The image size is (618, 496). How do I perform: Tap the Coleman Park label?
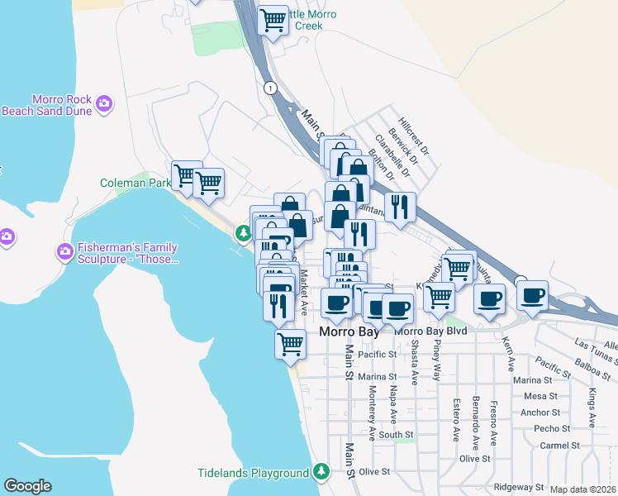point(135,183)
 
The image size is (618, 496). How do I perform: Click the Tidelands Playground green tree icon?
point(321,473)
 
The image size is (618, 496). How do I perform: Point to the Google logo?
point(27,486)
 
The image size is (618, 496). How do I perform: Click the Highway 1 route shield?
point(269,87)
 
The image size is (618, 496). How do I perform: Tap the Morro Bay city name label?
point(349,331)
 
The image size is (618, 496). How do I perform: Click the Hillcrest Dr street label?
point(413,136)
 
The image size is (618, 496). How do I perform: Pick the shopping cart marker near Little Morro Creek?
point(273,20)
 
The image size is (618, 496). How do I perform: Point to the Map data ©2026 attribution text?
point(583,489)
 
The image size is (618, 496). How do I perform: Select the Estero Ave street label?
point(455,420)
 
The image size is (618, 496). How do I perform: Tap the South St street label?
point(396,434)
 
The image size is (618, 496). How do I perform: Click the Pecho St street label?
point(547,429)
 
